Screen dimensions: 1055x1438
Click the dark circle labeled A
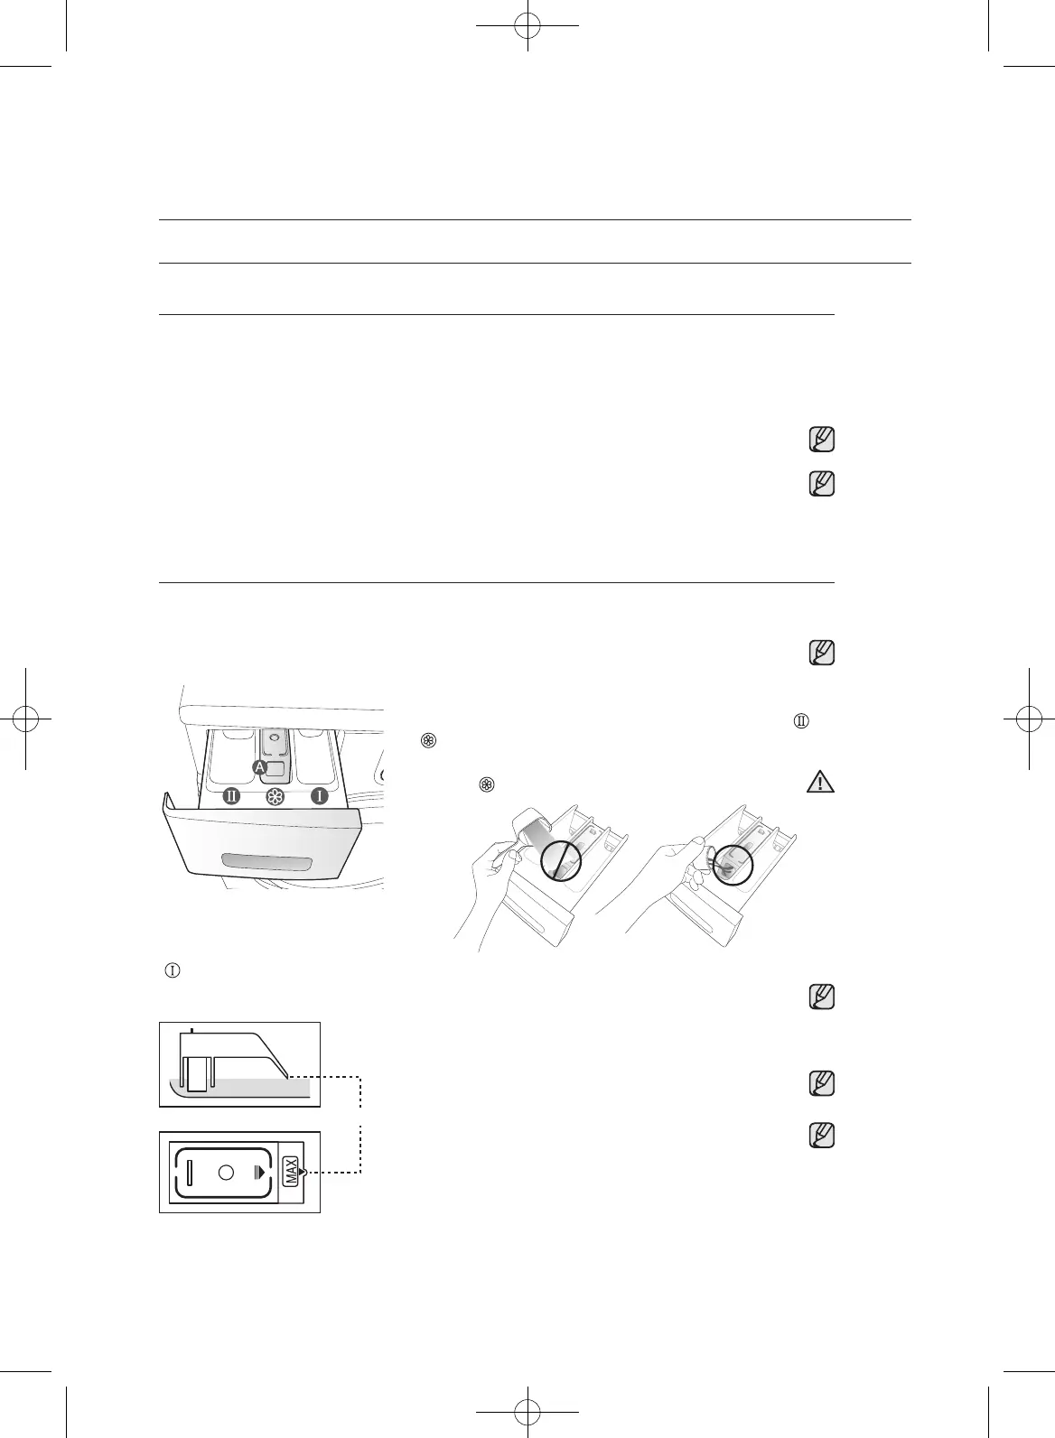259,767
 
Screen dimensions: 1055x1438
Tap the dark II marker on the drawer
231,797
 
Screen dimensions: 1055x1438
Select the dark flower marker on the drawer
275,797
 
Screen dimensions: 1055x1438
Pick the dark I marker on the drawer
320,797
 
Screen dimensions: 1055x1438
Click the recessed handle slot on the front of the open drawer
267,863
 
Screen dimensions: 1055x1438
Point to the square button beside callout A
276,768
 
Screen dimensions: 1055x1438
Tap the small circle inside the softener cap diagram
226,1173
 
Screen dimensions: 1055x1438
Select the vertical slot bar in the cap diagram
190,1173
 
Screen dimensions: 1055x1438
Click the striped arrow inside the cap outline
259,1173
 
